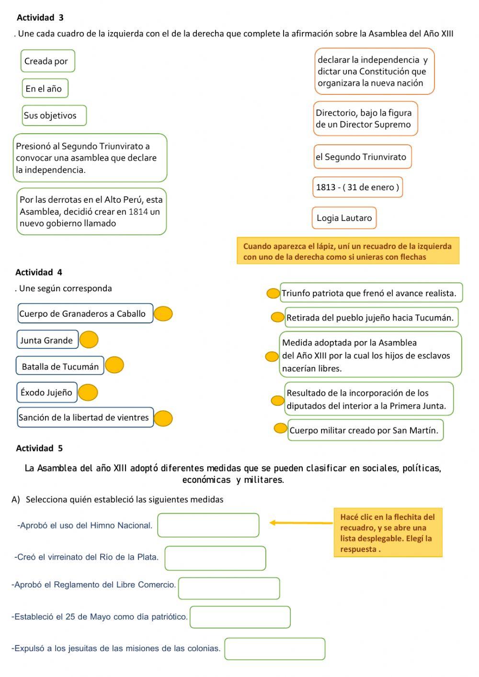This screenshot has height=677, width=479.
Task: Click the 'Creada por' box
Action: [x=47, y=61]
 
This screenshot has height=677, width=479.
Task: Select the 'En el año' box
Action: [x=45, y=89]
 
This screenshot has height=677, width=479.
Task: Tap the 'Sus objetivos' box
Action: [x=54, y=115]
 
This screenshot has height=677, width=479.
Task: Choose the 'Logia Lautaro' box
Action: [x=344, y=218]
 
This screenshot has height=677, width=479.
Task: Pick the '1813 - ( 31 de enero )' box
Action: [x=358, y=187]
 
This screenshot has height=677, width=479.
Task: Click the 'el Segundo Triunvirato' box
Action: [x=362, y=157]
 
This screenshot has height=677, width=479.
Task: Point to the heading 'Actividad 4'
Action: [x=39, y=272]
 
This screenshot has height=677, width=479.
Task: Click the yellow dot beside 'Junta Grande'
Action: [x=89, y=340]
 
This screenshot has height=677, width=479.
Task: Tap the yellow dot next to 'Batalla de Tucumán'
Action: [x=114, y=365]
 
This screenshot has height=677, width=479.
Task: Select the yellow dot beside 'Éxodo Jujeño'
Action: [x=88, y=392]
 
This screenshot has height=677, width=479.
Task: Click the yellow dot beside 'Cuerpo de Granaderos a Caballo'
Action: [x=163, y=314]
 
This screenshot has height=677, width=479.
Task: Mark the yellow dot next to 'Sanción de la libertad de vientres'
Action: [x=163, y=418]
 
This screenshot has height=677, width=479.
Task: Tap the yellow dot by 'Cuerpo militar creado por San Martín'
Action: [x=280, y=428]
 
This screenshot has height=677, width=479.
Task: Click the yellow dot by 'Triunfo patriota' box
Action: [x=273, y=293]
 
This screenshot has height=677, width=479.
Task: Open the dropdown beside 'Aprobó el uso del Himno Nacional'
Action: [x=208, y=525]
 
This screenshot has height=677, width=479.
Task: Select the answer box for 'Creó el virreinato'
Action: [x=215, y=558]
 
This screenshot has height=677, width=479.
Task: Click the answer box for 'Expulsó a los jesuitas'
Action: [x=275, y=649]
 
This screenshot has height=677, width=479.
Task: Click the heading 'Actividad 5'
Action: [x=39, y=448]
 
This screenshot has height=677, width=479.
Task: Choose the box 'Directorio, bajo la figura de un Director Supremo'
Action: [x=365, y=119]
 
